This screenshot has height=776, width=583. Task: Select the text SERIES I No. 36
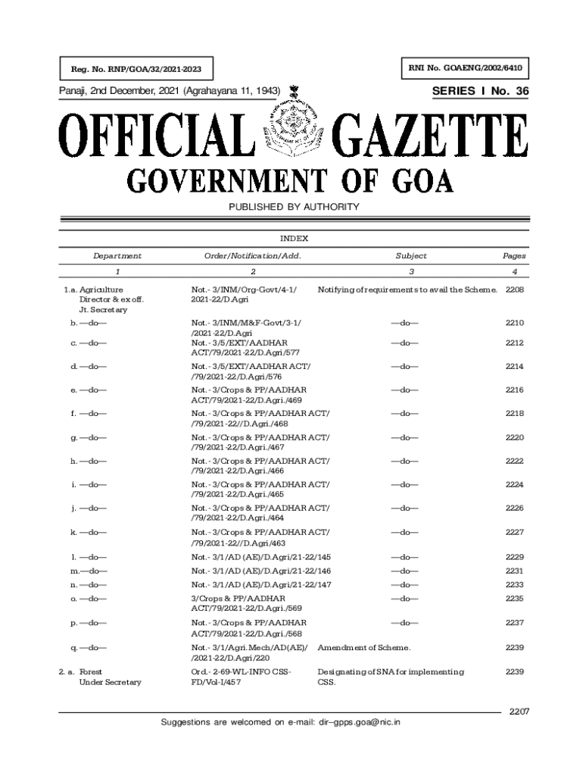click(480, 92)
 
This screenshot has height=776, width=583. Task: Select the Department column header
click(117, 256)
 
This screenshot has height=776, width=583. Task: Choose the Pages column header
click(514, 256)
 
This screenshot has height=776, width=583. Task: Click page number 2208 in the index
click(515, 290)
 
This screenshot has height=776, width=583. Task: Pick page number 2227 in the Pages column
click(515, 533)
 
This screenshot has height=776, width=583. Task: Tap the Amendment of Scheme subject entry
click(363, 648)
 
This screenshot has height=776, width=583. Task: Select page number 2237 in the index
click(515, 623)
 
